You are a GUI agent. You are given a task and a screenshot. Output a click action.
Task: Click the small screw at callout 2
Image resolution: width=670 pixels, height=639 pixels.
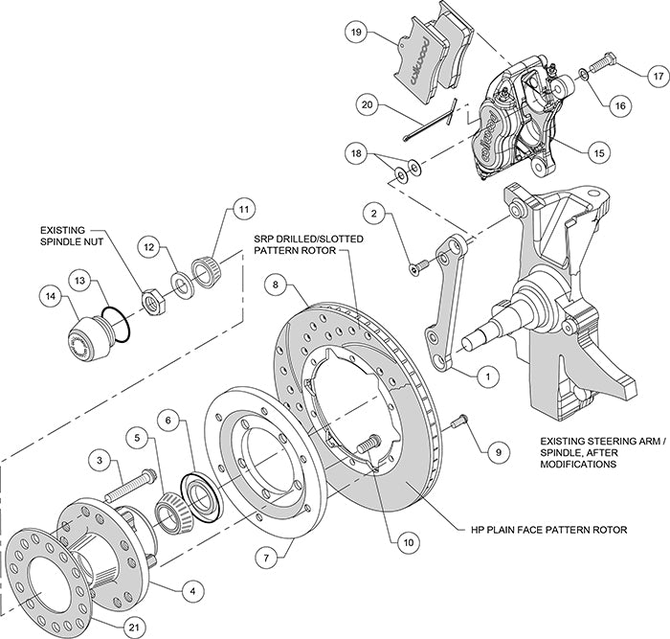[x=414, y=268]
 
